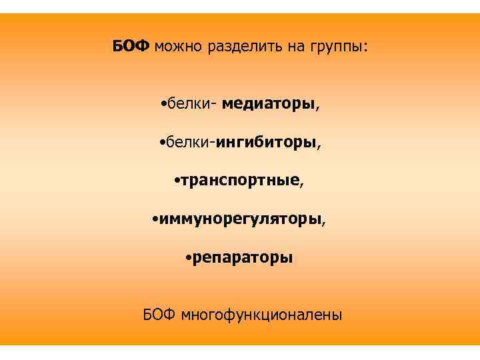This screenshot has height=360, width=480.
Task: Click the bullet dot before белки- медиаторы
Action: click(x=163, y=105)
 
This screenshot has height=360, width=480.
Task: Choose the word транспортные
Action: click(x=240, y=181)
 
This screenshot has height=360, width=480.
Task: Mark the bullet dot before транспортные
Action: click(x=175, y=181)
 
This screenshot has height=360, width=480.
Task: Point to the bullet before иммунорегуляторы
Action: click(x=154, y=219)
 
